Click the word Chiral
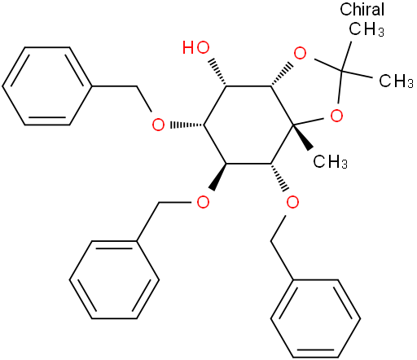click(x=362, y=10)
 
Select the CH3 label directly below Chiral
click(x=367, y=29)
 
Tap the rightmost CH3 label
click(x=396, y=81)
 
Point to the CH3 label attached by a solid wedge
click(x=330, y=161)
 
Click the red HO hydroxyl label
click(x=196, y=47)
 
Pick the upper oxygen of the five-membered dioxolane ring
click(x=300, y=54)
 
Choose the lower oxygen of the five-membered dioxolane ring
click(x=336, y=116)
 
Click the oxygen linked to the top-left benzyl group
click(x=158, y=125)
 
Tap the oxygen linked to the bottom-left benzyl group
click(x=203, y=202)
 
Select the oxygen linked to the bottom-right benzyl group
click(x=292, y=202)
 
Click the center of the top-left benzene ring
click(x=46, y=86)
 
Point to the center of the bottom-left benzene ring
click(x=114, y=279)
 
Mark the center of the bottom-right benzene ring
click(x=315, y=318)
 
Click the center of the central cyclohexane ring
click(x=248, y=125)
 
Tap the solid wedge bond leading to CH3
click(x=303, y=138)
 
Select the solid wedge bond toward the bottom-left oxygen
click(x=217, y=177)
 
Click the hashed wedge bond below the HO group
click(x=217, y=72)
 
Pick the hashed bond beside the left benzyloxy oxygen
click(x=187, y=125)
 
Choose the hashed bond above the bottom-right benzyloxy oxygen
click(x=279, y=178)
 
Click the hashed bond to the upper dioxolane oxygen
click(x=282, y=75)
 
